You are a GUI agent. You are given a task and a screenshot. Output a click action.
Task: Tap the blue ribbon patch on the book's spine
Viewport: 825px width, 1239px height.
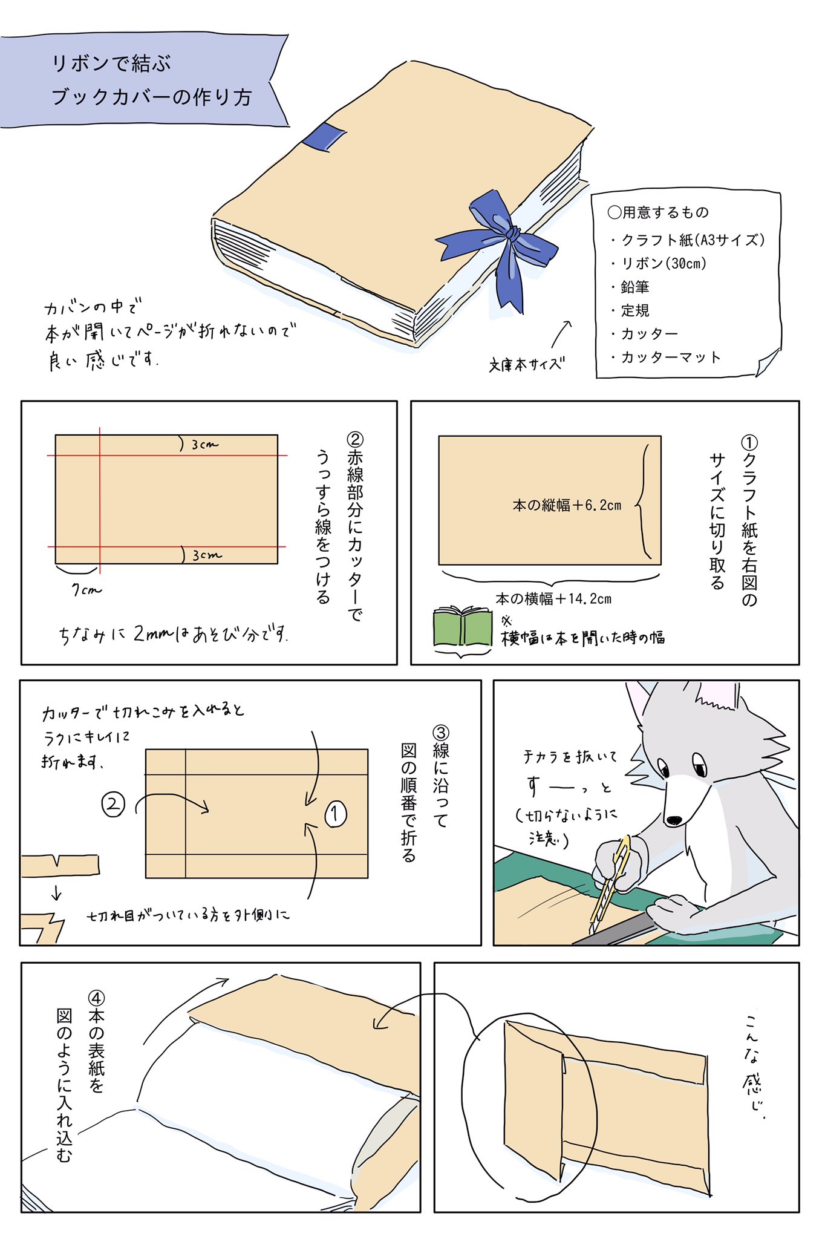tap(324, 137)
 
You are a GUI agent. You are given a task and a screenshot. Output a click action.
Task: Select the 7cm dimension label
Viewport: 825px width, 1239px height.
tap(86, 589)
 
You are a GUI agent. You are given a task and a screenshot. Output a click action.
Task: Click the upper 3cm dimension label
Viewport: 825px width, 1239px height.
tap(205, 445)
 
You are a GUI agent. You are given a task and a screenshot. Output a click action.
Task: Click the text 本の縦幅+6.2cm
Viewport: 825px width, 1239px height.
tap(567, 505)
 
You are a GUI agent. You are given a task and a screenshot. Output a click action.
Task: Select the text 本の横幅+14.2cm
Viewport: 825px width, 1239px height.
tap(553, 599)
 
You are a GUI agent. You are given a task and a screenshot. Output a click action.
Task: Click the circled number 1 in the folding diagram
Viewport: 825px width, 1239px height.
tap(336, 814)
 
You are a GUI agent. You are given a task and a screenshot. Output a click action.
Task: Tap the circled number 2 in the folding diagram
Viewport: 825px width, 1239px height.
tap(113, 804)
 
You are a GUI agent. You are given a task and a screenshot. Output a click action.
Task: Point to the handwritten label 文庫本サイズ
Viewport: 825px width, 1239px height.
tap(527, 364)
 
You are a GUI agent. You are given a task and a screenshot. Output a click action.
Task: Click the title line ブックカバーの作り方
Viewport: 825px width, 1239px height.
tap(151, 97)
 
